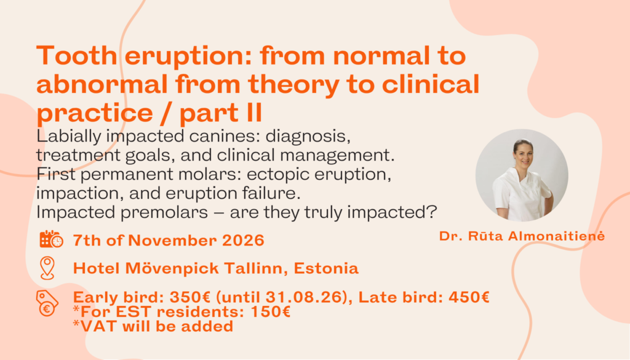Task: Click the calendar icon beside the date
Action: point(52,239)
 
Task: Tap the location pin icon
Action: point(47,268)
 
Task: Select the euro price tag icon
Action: point(47,303)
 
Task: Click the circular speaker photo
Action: point(522,175)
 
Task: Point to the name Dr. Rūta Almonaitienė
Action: point(522,236)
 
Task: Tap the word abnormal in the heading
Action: point(102,84)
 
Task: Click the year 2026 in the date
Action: point(243,240)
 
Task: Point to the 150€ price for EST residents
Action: point(271,312)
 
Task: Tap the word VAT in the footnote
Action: point(100,326)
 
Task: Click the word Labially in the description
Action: point(69,137)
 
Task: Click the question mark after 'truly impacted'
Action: point(432,212)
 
